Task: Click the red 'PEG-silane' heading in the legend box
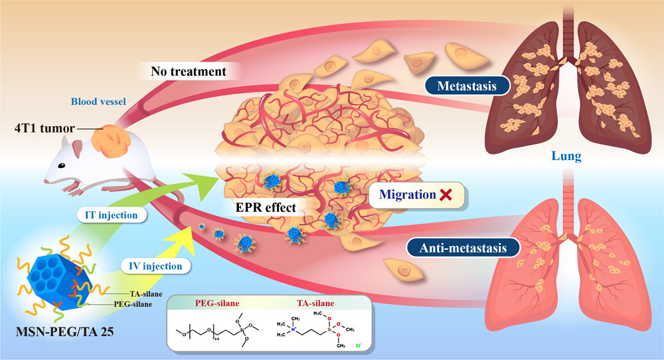point(216,304)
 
